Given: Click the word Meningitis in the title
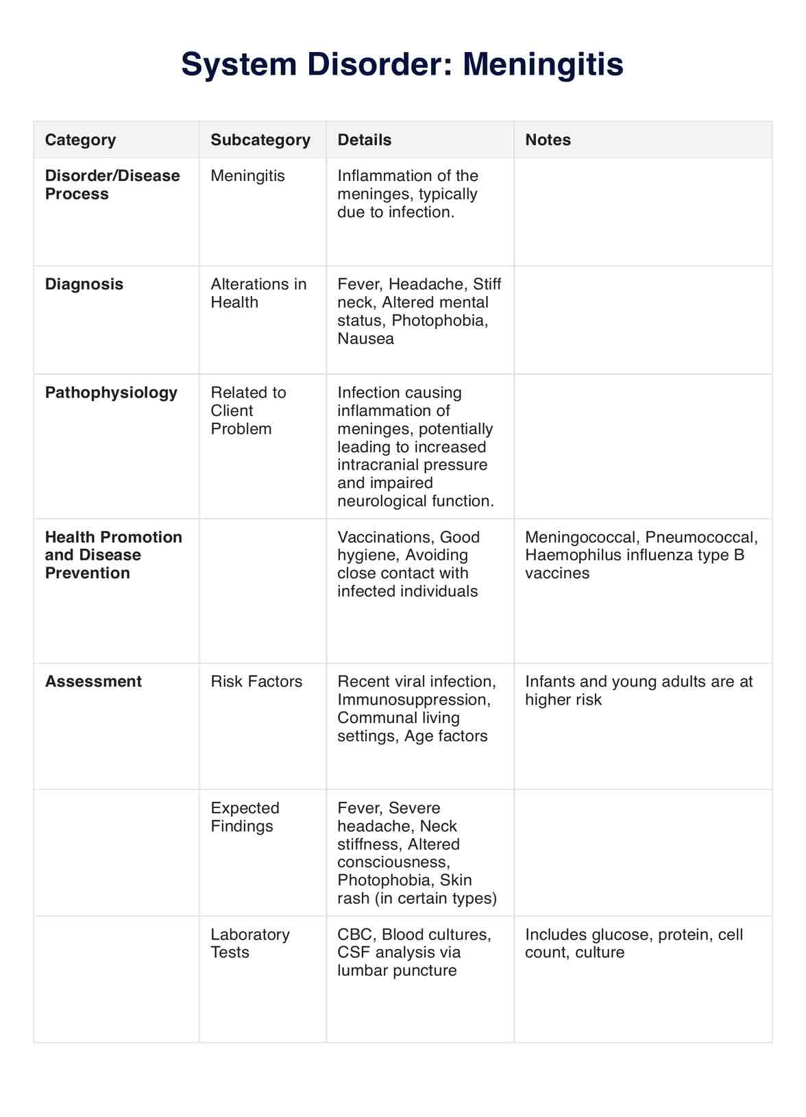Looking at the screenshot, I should click(543, 65).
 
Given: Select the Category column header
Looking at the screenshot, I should click(80, 140).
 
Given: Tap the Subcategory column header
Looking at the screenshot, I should click(260, 140).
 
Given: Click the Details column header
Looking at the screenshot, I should click(364, 140).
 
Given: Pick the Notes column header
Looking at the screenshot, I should click(548, 140).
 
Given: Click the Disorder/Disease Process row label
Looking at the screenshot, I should click(112, 185).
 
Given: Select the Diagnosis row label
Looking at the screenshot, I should click(84, 284).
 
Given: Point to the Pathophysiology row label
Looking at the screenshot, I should click(111, 393).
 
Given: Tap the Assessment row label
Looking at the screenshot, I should click(93, 682).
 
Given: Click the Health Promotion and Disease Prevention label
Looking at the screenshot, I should click(113, 555).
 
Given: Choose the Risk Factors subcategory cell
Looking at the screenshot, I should click(256, 682).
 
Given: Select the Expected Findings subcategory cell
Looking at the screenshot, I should click(245, 817).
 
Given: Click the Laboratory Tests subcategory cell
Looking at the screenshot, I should click(249, 944).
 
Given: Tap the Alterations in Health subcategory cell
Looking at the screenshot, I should click(258, 293).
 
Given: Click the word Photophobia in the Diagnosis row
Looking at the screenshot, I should click(439, 321).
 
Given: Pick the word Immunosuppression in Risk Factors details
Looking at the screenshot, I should click(413, 700).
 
